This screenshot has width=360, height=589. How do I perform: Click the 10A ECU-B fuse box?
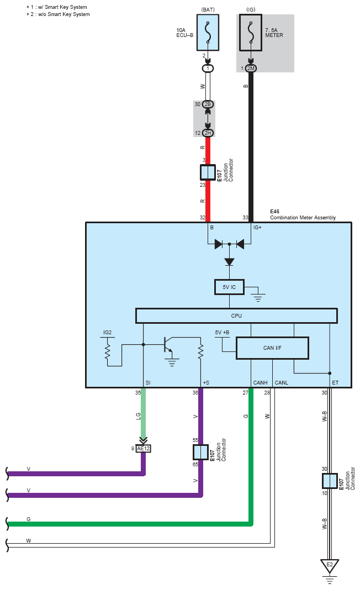pos(208,32)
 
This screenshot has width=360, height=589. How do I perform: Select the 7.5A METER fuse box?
pos(251,32)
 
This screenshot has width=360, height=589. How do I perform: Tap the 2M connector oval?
pos(251,69)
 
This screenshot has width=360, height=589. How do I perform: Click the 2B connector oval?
pos(208,104)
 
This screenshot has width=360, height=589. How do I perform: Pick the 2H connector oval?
pos(208,133)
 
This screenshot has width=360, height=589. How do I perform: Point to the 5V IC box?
pos(229,287)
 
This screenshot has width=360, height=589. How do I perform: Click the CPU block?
pos(236,315)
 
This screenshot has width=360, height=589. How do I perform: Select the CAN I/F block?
pos(272,348)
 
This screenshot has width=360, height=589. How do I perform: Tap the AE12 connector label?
pos(143,449)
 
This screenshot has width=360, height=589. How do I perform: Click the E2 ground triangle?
pos(329,566)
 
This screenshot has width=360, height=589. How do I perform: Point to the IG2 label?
pos(107,333)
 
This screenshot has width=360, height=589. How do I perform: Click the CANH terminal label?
pos(260,383)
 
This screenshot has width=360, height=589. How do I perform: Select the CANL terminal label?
pos(282,383)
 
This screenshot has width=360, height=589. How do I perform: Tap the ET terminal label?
pos(335,383)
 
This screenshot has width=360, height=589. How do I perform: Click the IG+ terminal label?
pos(257,228)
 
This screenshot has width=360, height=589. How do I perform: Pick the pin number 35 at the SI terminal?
pos(138,392)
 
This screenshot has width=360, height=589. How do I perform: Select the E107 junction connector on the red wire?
pos(208,172)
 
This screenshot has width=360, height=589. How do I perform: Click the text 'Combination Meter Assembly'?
pos(303,218)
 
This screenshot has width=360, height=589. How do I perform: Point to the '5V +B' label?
pos(222,333)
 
